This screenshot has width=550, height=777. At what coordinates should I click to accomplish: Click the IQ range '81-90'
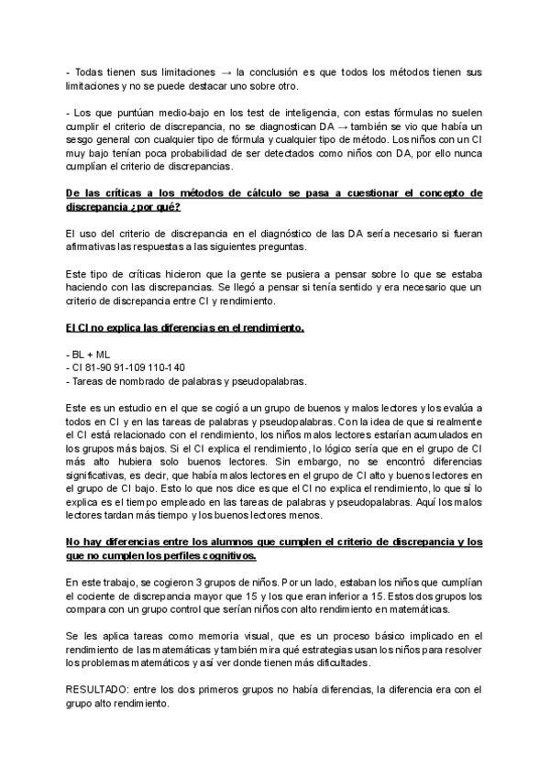(x=100, y=367)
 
